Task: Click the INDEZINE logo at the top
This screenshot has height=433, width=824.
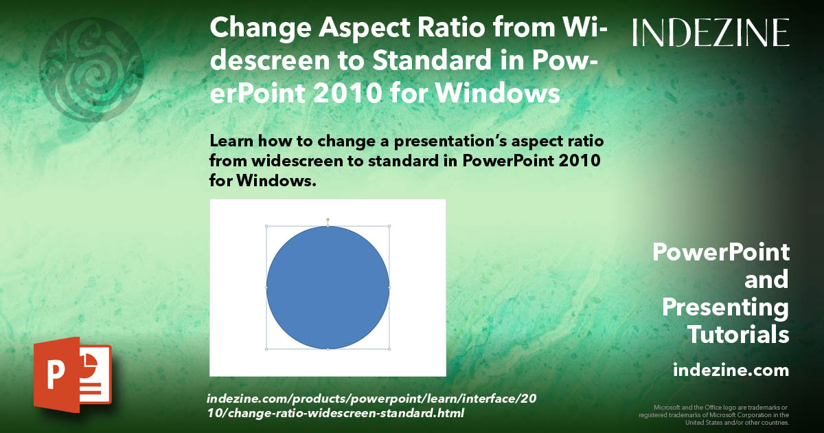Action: [711, 32]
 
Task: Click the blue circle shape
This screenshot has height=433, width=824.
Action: [328, 287]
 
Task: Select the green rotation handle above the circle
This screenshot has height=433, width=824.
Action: [328, 220]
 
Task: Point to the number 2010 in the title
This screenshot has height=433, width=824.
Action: [347, 93]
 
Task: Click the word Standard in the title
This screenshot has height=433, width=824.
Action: [432, 60]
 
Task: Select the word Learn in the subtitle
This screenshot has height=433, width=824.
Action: [231, 141]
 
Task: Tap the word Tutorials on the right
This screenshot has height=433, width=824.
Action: [738, 334]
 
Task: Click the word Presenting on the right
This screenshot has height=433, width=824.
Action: [725, 308]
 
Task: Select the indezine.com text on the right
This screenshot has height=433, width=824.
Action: [731, 370]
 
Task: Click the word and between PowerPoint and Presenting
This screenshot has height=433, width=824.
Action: [766, 280]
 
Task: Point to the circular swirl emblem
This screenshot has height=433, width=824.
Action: [91, 70]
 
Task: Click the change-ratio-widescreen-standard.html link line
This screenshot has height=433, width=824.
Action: [336, 413]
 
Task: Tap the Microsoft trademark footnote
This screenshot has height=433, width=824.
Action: [713, 415]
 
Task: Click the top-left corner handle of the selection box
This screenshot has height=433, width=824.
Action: [266, 226]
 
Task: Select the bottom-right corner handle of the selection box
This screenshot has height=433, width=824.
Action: [389, 349]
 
